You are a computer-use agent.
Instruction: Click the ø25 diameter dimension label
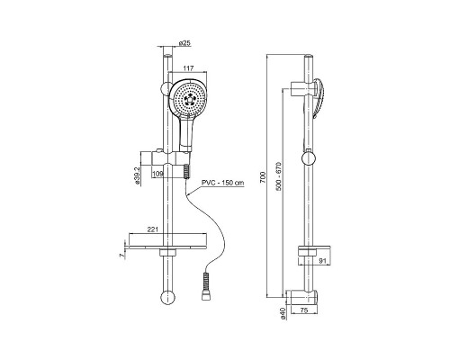pos(184,43)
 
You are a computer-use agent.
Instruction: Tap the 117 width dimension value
pos(188,68)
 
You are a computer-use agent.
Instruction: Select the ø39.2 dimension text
pos(138,176)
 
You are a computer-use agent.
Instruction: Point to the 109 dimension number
pos(157,174)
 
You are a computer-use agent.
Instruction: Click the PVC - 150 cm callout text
pos(222,183)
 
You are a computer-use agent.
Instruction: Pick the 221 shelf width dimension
pos(152,229)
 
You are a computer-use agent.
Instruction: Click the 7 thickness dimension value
pos(121,255)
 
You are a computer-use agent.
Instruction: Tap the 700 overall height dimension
pos(263,176)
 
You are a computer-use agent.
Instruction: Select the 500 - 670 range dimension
pos(278,176)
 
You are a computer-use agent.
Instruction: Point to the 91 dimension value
pos(322,261)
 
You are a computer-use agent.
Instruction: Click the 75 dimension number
pos(304,310)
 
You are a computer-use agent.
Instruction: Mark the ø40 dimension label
pos(283,313)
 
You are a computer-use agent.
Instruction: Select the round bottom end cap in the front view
pos(166,297)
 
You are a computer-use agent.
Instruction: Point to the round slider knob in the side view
pos(309,158)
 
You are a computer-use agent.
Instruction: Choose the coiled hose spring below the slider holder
pos(186,172)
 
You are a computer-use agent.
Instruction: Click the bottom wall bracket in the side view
pos(301,297)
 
